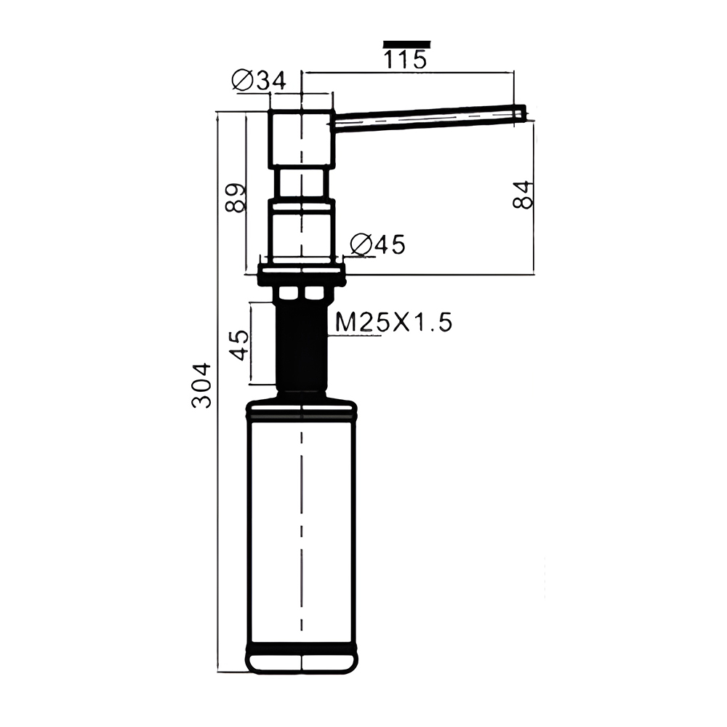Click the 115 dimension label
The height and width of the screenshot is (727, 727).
point(405,60)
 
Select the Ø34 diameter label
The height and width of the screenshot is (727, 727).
point(259,81)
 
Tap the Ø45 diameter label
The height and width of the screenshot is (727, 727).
point(377,244)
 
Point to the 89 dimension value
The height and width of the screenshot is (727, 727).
point(236,198)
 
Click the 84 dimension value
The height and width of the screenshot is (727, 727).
point(523,195)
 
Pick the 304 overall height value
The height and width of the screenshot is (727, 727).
point(201,385)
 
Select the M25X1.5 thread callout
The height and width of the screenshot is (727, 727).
point(393,322)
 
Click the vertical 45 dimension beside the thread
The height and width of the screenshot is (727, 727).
point(240,345)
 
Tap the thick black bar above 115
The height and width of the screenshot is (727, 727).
point(406,44)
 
